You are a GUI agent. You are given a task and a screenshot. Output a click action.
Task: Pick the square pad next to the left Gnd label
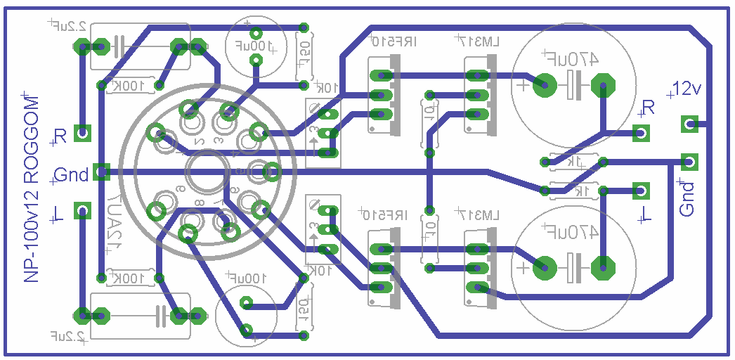click(102, 172)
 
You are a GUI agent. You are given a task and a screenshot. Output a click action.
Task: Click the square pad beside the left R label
click(84, 132)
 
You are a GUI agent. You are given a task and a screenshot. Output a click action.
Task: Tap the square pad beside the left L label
click(84, 210)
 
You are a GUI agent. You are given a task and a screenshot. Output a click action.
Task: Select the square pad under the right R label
click(640, 132)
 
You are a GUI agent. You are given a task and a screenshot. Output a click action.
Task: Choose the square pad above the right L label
click(640, 189)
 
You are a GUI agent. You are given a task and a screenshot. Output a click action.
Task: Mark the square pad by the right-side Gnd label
click(689, 162)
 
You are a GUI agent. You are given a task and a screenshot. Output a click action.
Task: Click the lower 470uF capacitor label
click(571, 231)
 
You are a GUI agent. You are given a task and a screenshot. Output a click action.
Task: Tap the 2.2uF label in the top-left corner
click(68, 26)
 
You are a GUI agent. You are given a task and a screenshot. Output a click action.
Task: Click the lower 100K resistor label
click(131, 277)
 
